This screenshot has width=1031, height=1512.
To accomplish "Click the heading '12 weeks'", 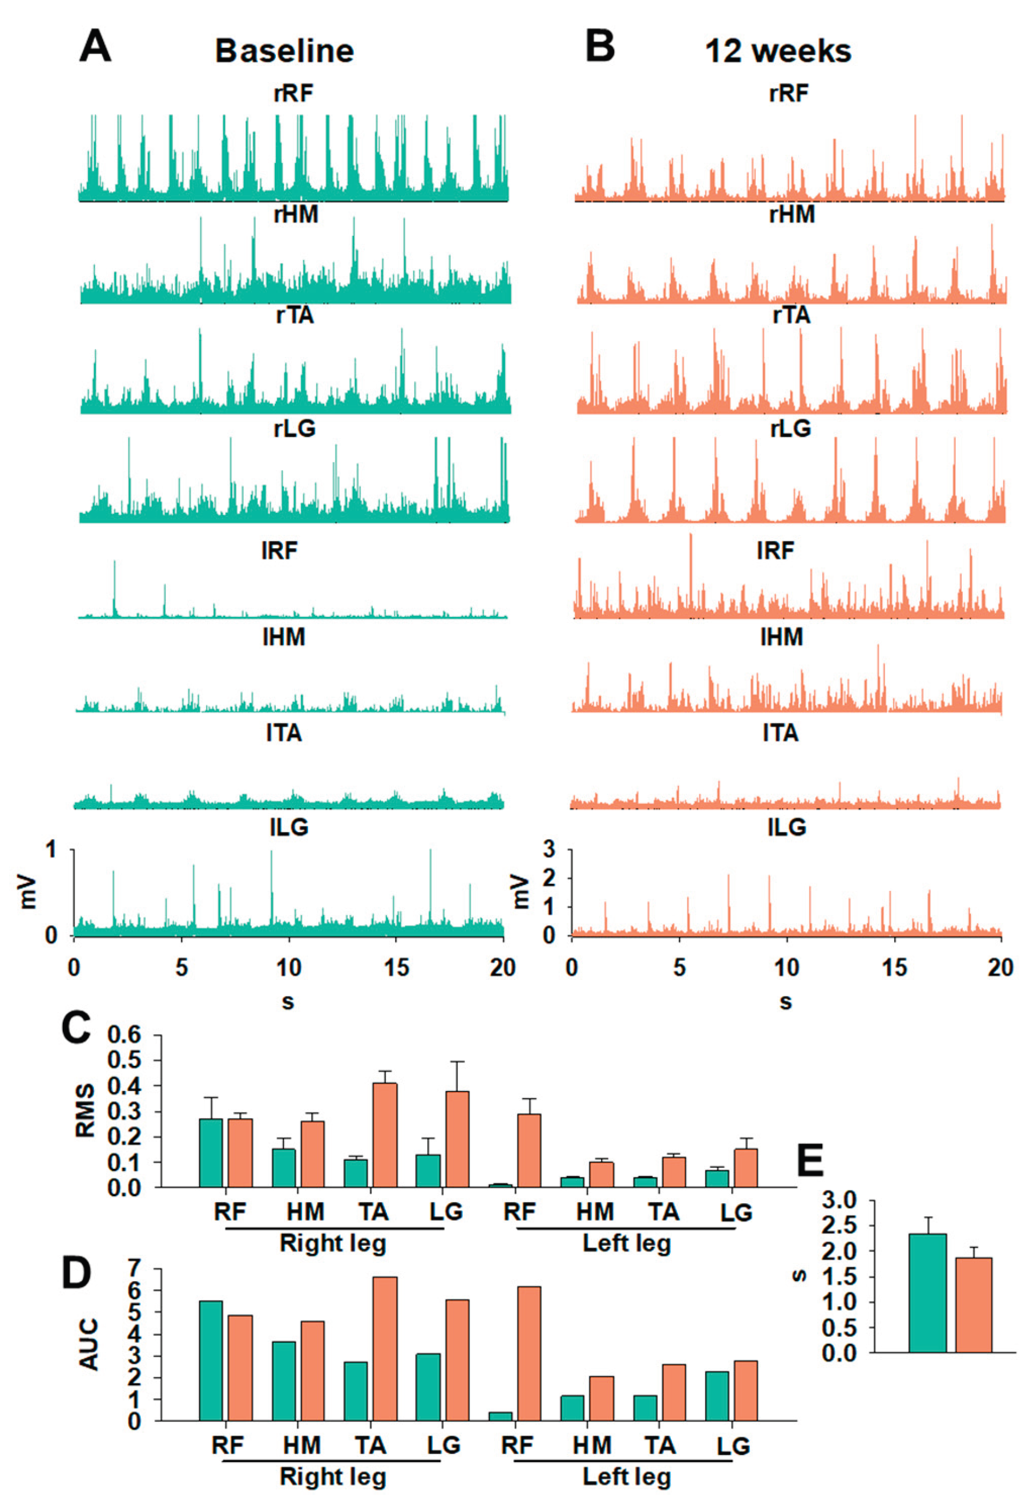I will coord(778,51).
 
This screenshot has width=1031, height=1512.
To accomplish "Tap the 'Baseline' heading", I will coord(284,51).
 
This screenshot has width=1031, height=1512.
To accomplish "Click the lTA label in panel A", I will coord(284,733).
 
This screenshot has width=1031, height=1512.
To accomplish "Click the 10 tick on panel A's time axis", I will coord(289,968).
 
